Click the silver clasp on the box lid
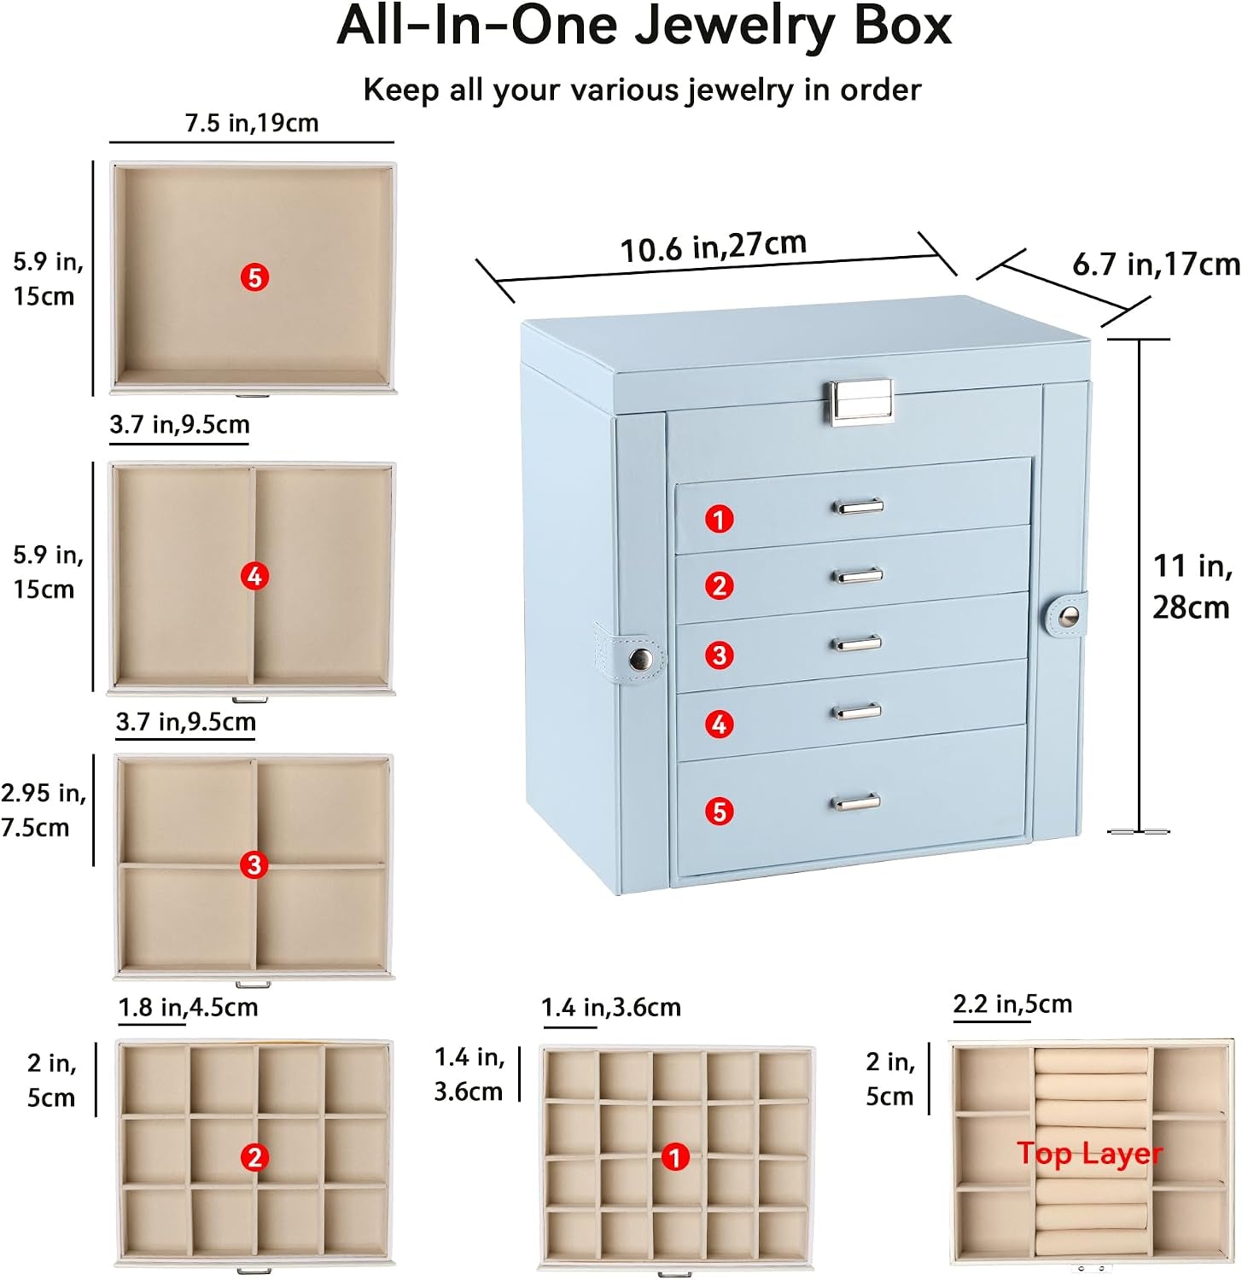point(860,402)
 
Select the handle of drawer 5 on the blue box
point(856,801)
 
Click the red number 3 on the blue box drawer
point(720,655)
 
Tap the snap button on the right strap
point(1068,615)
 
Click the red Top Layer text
point(1089,1154)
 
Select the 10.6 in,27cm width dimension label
point(713,247)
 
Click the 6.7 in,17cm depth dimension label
point(1156,264)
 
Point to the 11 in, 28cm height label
point(1192,586)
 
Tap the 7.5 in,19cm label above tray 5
point(252,123)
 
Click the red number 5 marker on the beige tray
point(254,277)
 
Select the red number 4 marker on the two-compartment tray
point(254,576)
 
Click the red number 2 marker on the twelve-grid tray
point(254,1158)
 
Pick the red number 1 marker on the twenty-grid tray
point(675,1157)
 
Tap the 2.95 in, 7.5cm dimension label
point(44,810)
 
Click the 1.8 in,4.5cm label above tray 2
point(188,1007)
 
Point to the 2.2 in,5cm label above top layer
point(1012,1004)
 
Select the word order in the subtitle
point(881,90)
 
